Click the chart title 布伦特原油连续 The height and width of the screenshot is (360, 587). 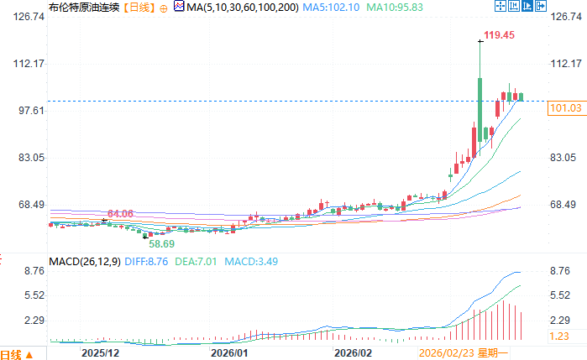click(x=37, y=8)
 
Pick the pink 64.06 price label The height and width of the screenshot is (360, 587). click(x=120, y=214)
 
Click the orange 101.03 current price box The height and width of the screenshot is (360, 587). click(x=564, y=108)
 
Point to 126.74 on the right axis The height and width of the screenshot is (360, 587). click(x=565, y=16)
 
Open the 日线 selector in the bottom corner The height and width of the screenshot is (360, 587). click(x=16, y=354)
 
